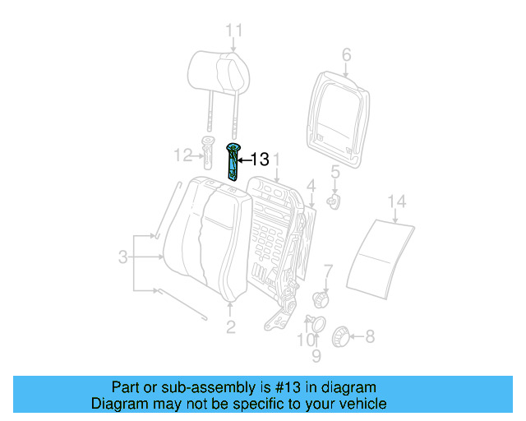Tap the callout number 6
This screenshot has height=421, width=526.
(x=346, y=55)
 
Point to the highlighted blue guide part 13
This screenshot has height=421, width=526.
(x=234, y=161)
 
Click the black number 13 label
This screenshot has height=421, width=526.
(x=259, y=160)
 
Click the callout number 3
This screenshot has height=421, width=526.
(x=122, y=257)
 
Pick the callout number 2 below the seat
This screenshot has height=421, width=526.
(x=230, y=327)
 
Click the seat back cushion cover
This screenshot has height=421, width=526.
(x=205, y=243)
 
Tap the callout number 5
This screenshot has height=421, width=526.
(x=335, y=172)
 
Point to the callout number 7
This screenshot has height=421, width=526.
(x=327, y=270)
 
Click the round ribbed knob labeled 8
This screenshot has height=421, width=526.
(x=339, y=335)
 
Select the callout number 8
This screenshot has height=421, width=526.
(x=369, y=335)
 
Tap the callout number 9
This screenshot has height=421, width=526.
(x=316, y=356)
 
